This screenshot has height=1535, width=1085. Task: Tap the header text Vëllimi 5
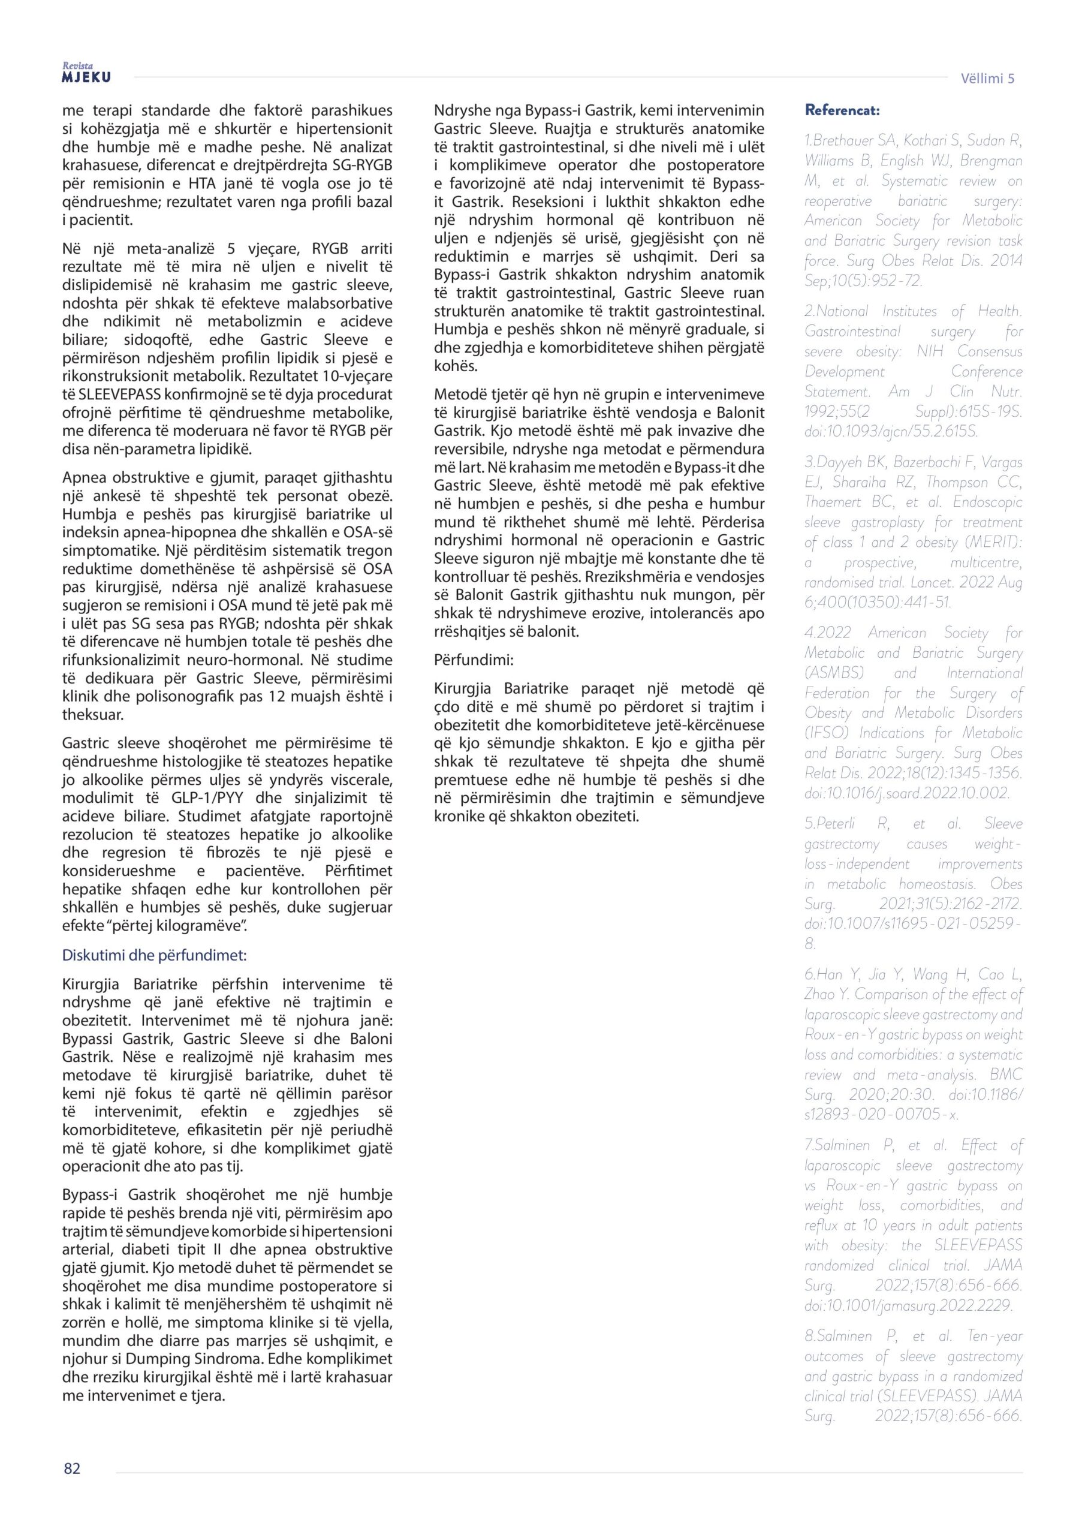point(987,78)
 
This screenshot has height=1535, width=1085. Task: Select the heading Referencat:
point(842,110)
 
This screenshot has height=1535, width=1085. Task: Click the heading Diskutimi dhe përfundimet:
point(155,955)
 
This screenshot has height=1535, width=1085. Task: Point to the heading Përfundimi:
point(474,660)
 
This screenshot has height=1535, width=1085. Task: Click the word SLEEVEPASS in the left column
point(117,395)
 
